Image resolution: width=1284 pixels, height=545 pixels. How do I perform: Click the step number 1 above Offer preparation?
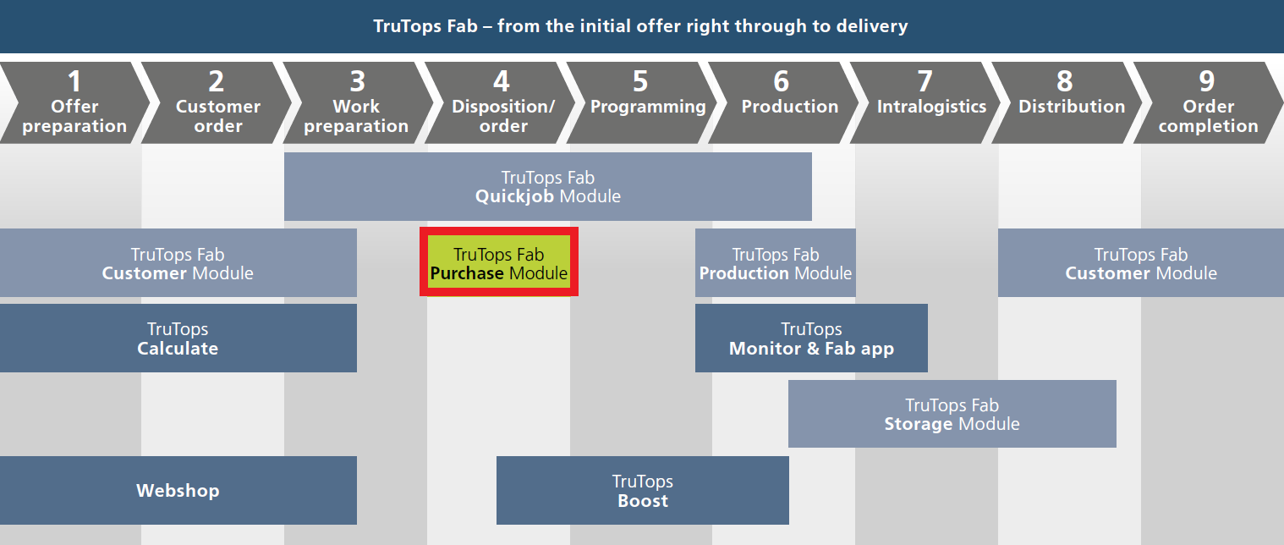point(74,81)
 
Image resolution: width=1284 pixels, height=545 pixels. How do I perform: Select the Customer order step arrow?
point(217,102)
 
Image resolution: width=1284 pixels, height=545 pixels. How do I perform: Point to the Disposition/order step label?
point(502,116)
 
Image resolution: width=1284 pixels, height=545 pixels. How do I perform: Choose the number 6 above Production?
point(782,81)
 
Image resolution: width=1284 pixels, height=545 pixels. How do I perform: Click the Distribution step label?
point(1072,106)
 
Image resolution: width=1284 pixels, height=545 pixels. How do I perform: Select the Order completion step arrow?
point(1209,102)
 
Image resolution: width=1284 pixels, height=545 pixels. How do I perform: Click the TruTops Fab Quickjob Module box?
point(548,186)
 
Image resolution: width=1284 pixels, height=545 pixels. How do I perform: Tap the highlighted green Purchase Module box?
point(499,261)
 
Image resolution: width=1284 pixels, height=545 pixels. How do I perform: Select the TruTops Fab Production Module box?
point(776,262)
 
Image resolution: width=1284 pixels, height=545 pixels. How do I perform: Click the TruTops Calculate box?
point(178,338)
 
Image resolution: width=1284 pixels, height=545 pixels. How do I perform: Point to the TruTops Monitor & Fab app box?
point(811,338)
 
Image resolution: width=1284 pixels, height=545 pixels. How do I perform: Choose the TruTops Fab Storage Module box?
point(952,414)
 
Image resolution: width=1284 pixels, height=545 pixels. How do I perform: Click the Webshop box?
point(178,491)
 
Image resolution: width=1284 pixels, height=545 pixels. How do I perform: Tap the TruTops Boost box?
point(643,491)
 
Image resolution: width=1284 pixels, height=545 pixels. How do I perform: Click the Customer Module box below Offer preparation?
point(178,262)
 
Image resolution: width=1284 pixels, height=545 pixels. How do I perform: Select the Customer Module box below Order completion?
point(1141,262)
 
